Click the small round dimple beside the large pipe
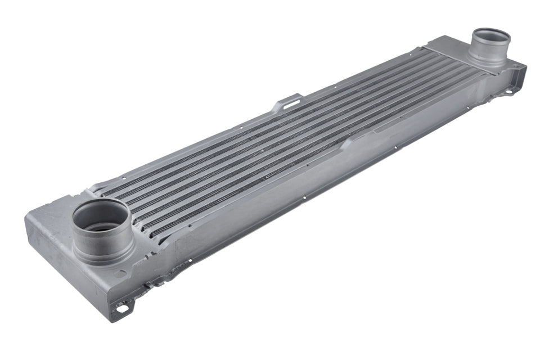120,274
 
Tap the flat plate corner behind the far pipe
444,42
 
